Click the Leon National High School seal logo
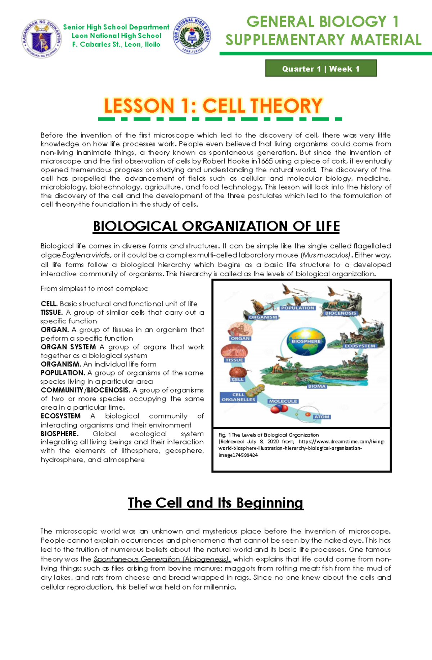pyautogui.click(x=192, y=36)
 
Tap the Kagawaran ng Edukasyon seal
pyautogui.click(x=42, y=38)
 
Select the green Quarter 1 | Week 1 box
pyautogui.click(x=321, y=68)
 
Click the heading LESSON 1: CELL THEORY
pyautogui.click(x=213, y=106)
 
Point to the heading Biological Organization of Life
pyautogui.click(x=216, y=226)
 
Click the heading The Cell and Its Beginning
pyautogui.click(x=216, y=502)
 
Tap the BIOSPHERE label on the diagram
pyautogui.click(x=306, y=341)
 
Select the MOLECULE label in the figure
pyautogui.click(x=283, y=401)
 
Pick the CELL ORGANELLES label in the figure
pyautogui.click(x=238, y=397)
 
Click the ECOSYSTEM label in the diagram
pyautogui.click(x=360, y=346)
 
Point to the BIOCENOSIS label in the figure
pyautogui.click(x=340, y=313)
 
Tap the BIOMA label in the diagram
pyautogui.click(x=316, y=386)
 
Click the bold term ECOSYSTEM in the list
pyautogui.click(x=60, y=416)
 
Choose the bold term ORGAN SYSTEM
pyautogui.click(x=68, y=347)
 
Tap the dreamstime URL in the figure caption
pyautogui.click(x=301, y=445)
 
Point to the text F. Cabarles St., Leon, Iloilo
pyautogui.click(x=116, y=45)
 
